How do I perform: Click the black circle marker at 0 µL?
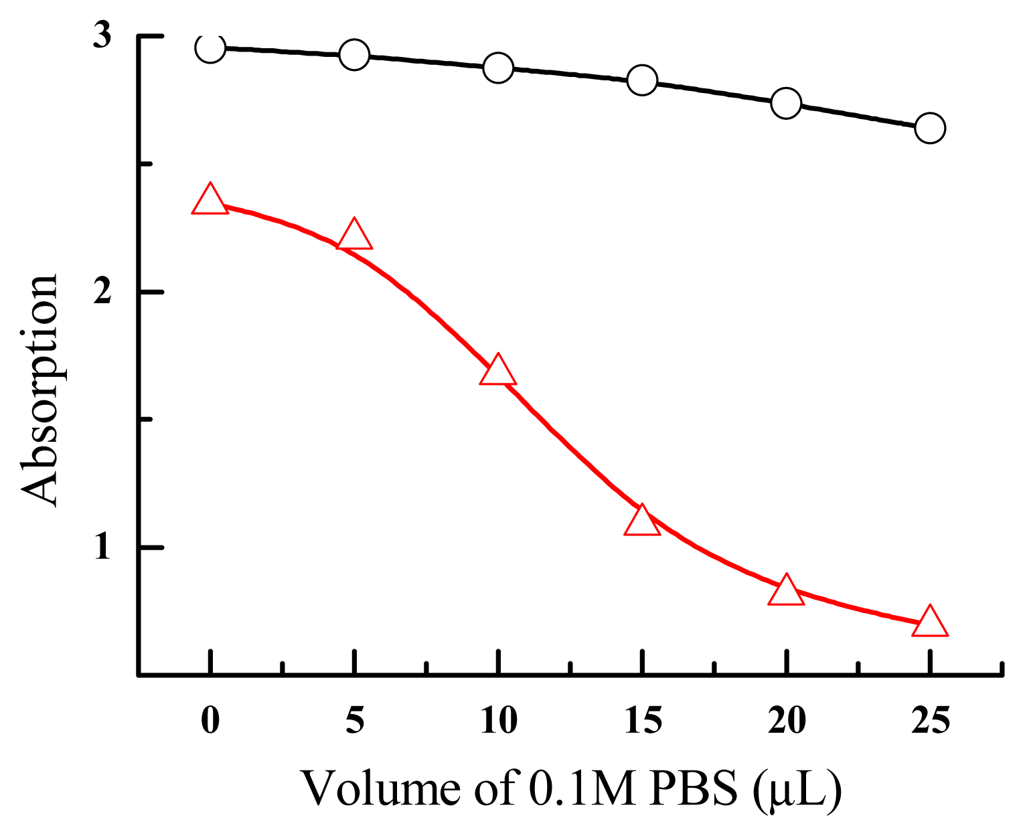click(210, 48)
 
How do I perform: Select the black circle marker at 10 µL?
click(498, 68)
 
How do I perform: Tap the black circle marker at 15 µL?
click(642, 80)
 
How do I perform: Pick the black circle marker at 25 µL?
click(930, 127)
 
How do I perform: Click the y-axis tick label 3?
click(101, 35)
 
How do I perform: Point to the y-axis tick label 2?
click(101, 292)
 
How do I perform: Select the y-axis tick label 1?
click(101, 547)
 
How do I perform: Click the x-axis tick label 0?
click(210, 721)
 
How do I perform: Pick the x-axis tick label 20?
click(787, 721)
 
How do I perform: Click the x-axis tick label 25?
click(931, 721)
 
